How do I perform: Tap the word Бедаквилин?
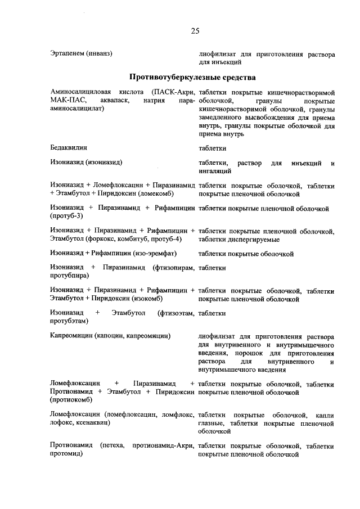[x=69, y=148]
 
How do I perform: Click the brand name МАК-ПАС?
[x=67, y=101]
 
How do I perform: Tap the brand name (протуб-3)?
[x=67, y=216]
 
